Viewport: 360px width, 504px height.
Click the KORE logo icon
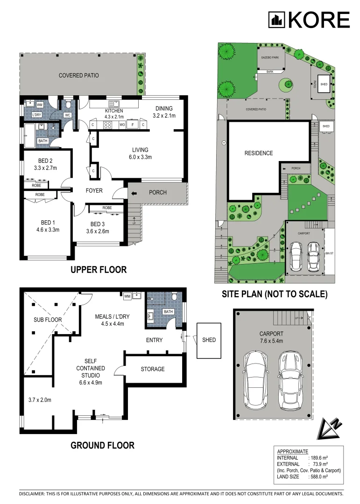coord(276,20)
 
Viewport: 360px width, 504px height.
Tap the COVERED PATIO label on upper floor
coord(78,75)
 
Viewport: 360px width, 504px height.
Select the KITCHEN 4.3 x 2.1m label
coord(114,113)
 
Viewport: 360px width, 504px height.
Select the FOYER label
coord(94,190)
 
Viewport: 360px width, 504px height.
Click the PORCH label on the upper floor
coord(158,192)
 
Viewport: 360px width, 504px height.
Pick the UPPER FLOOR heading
coord(98,270)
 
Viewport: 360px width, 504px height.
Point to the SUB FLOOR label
coord(47,320)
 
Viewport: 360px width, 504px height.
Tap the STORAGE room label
coord(153,369)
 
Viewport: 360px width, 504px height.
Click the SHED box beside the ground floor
coord(209,340)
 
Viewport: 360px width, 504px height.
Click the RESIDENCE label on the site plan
coord(259,153)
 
